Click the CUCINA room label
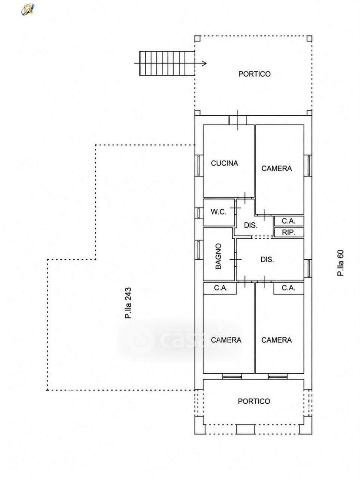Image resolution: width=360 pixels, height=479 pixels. click(x=224, y=163)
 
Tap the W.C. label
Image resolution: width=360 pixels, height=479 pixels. click(x=219, y=212)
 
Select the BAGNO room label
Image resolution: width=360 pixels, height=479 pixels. click(x=218, y=256)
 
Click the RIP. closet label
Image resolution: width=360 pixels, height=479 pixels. click(x=289, y=232)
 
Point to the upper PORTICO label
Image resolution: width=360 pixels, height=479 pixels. click(x=254, y=74)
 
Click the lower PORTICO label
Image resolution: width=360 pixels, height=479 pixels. click(x=254, y=401)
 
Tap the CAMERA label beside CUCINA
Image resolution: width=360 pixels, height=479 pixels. click(x=277, y=168)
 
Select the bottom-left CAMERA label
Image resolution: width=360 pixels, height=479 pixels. click(x=226, y=340)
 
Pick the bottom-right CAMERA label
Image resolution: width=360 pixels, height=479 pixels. click(x=277, y=340)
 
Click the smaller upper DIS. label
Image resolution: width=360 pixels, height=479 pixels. click(x=251, y=225)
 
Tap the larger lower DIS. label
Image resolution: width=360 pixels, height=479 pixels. click(x=267, y=260)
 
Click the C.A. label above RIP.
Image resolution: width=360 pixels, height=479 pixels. click(x=289, y=221)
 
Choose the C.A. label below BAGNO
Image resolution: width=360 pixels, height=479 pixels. click(x=221, y=288)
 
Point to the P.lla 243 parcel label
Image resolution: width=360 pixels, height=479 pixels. click(x=128, y=303)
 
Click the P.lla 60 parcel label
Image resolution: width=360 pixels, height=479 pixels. click(x=340, y=263)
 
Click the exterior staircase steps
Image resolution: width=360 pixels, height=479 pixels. click(x=167, y=63)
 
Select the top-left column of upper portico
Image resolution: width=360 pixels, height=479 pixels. click(x=197, y=39)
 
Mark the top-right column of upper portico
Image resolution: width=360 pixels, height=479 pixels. click(x=309, y=39)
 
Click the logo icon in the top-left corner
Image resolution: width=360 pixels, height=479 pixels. click(x=28, y=9)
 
